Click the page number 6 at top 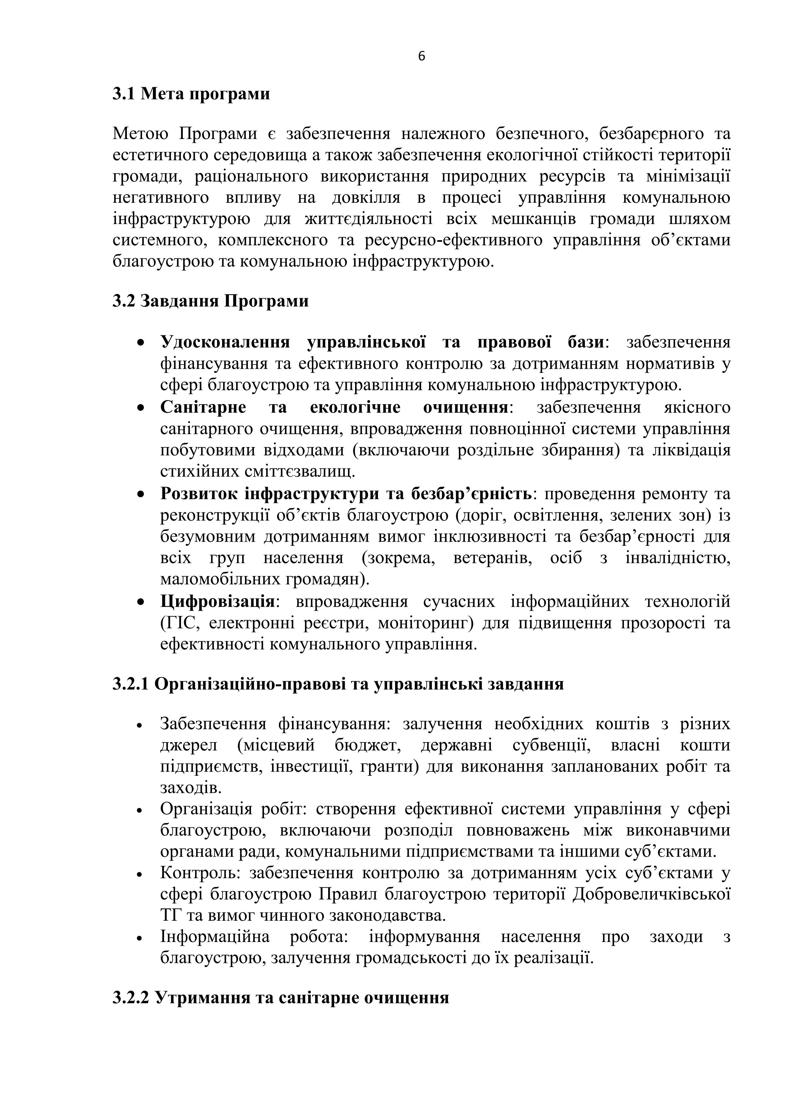421,57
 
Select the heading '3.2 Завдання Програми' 210,301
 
